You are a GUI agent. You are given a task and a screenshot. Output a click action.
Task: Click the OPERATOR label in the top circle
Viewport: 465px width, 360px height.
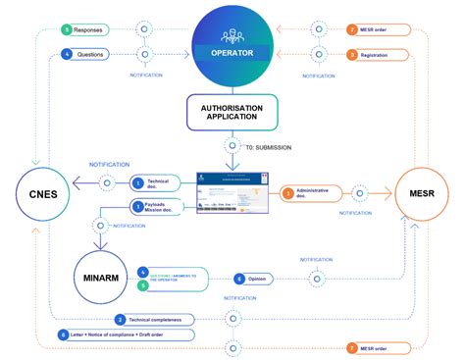pos(232,51)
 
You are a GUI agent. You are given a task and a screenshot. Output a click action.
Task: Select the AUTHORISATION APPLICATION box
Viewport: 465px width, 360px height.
pos(232,113)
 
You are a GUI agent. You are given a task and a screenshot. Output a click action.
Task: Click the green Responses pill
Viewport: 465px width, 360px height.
pos(87,30)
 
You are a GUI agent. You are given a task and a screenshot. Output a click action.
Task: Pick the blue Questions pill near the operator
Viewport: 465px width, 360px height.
pos(88,55)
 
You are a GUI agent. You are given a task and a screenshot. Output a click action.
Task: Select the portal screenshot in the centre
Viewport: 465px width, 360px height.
pos(232,195)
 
